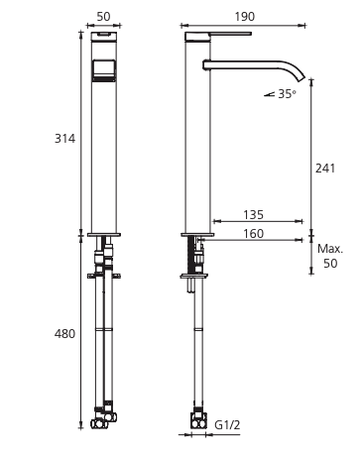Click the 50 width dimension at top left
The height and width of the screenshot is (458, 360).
click(x=103, y=16)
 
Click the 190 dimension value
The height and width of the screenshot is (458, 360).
click(x=245, y=16)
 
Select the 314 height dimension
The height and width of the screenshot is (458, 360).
click(x=64, y=139)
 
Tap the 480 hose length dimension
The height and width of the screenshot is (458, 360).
click(x=64, y=334)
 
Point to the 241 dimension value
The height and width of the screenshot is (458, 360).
click(x=325, y=169)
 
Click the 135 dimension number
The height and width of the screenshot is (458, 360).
click(x=254, y=215)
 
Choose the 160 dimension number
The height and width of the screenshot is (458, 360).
click(x=254, y=234)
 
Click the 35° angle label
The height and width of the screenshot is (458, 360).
click(x=287, y=94)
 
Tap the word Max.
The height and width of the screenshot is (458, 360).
click(x=330, y=249)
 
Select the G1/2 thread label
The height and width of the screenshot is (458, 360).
click(x=227, y=424)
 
